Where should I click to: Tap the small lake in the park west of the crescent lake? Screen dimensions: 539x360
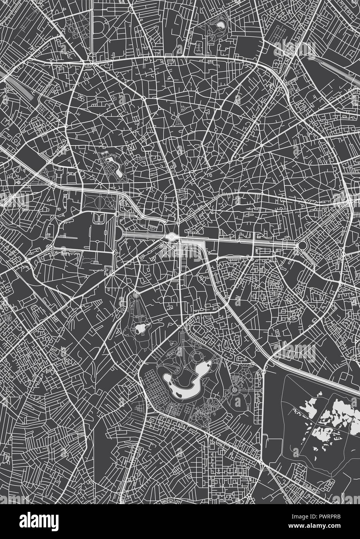[x=140, y=329]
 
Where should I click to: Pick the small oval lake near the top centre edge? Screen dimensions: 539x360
[x=220, y=25]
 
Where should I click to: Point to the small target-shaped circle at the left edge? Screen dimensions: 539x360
[x=18, y=181]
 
